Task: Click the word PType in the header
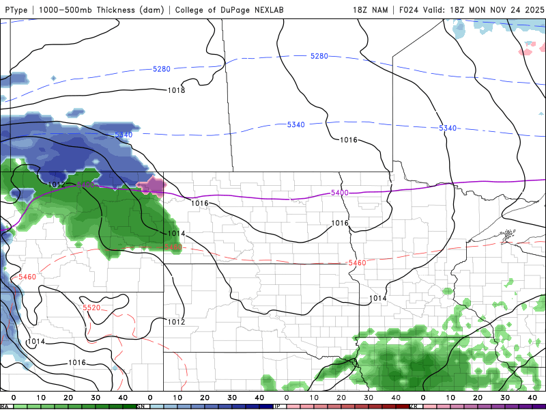pos(17,10)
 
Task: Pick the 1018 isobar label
pos(176,90)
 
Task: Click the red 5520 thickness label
pos(91,308)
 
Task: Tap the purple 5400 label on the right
pos(339,193)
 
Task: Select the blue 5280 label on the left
pos(161,69)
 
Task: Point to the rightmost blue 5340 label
pos(448,128)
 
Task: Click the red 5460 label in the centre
pos(357,263)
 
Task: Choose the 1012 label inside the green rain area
pos(57,184)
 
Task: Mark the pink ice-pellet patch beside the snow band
pos(152,184)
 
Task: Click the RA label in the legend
pos(4,406)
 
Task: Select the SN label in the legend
pos(141,406)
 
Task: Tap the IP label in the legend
pos(277,406)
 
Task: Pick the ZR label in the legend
pos(414,406)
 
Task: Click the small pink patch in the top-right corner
pos(526,51)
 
